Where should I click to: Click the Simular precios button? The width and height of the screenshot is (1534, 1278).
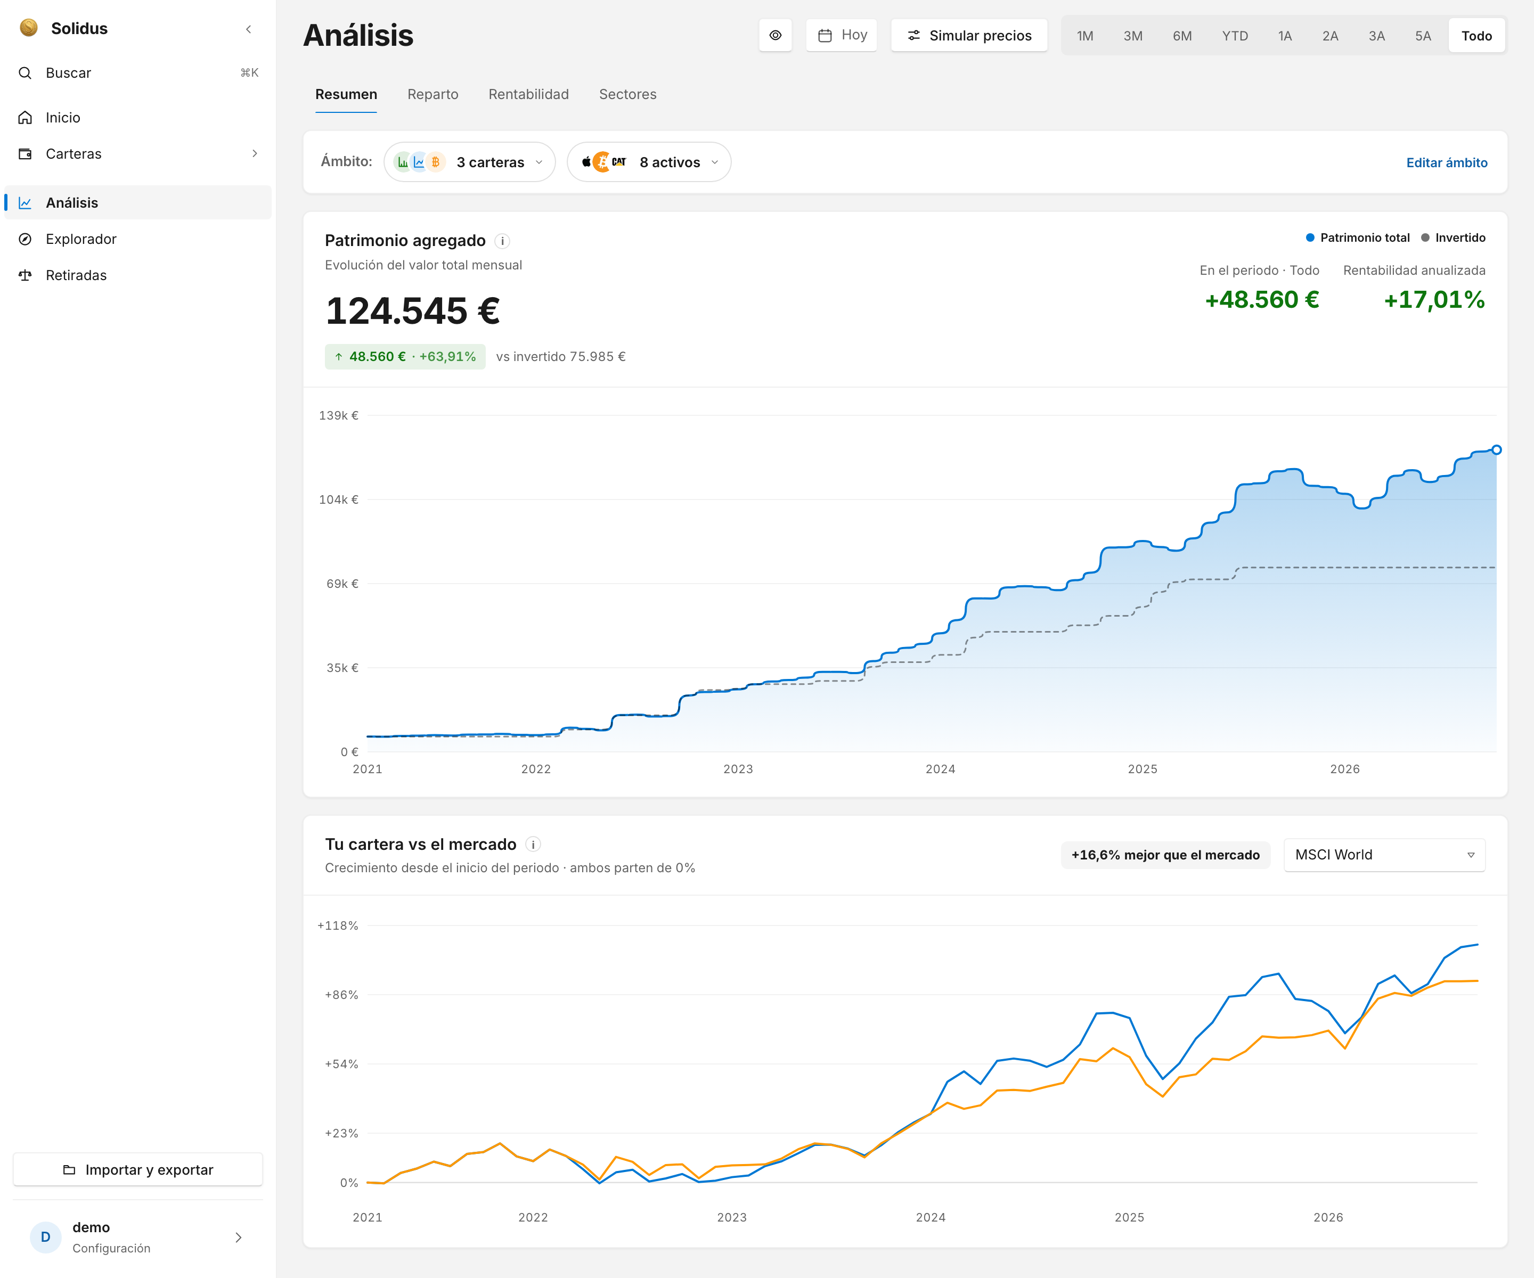969,35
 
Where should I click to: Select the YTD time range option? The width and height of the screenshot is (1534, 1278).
1235,36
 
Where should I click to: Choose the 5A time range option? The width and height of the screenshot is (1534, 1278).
1422,36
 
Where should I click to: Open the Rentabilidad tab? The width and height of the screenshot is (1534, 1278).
528,94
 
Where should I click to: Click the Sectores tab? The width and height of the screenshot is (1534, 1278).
627,94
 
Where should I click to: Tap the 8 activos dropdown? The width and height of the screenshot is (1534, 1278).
649,162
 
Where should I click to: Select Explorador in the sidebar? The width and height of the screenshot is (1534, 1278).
80,239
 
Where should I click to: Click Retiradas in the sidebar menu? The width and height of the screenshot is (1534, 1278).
76,275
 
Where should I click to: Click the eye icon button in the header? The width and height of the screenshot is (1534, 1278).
775,35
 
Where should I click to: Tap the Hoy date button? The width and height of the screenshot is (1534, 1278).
842,35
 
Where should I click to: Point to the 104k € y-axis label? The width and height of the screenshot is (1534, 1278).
338,499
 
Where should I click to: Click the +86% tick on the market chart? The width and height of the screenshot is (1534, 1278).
341,995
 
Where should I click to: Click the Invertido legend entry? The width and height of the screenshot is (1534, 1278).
1453,237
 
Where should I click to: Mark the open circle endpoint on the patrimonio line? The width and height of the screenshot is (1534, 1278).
1496,450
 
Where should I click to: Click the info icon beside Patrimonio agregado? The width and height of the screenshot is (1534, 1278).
503,241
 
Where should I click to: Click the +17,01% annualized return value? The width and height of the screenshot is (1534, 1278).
1434,299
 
